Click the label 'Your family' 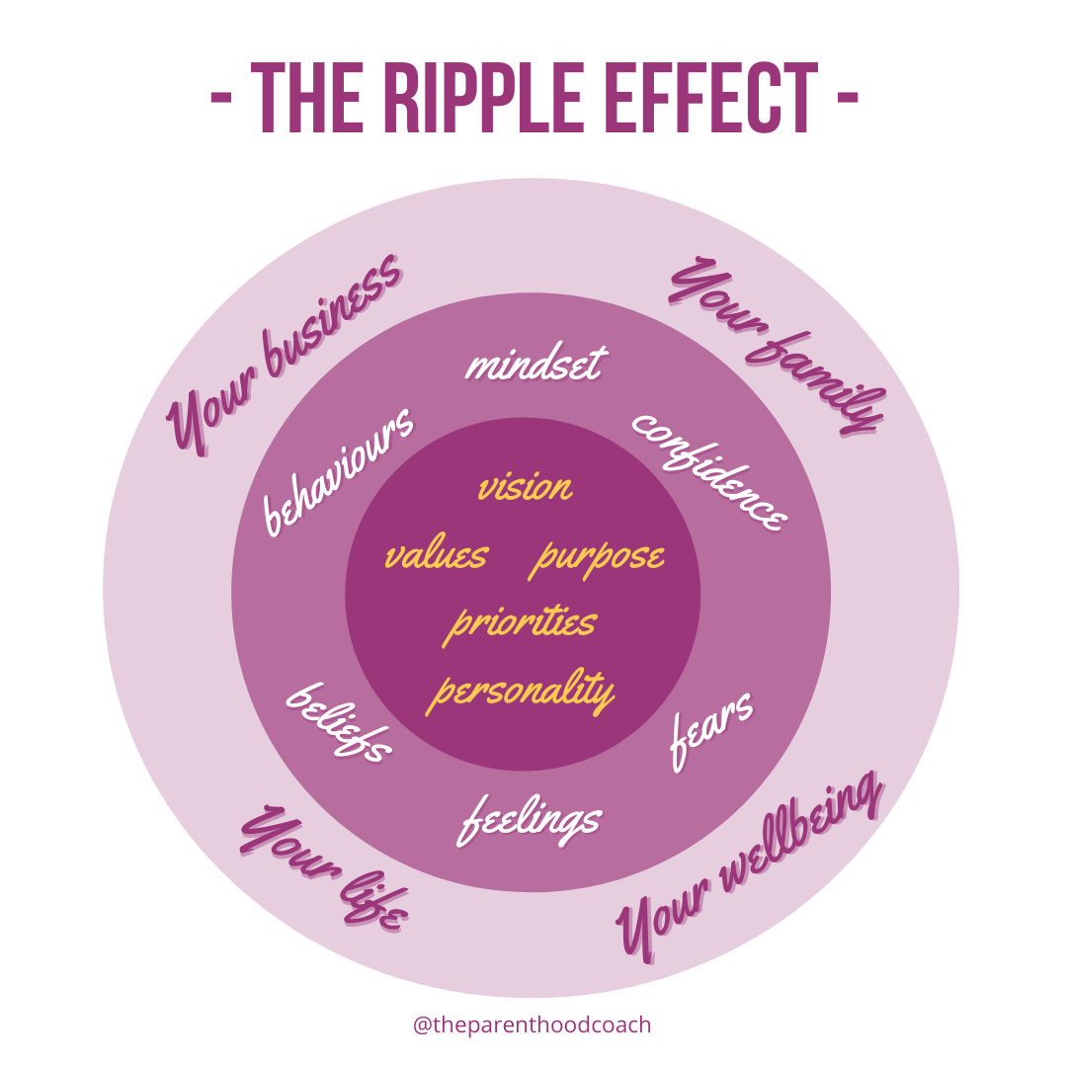pos(777,346)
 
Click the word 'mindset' pos(534,365)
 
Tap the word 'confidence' pos(710,468)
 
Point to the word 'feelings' pos(530,820)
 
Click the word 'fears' pos(712,731)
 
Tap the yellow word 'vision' pos(525,487)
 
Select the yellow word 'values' pos(436,556)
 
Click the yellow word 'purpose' pos(599,558)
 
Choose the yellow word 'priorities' pos(522,623)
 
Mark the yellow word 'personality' pos(521,691)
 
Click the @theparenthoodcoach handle pos(533,1025)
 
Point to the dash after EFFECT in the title pos(847,99)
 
